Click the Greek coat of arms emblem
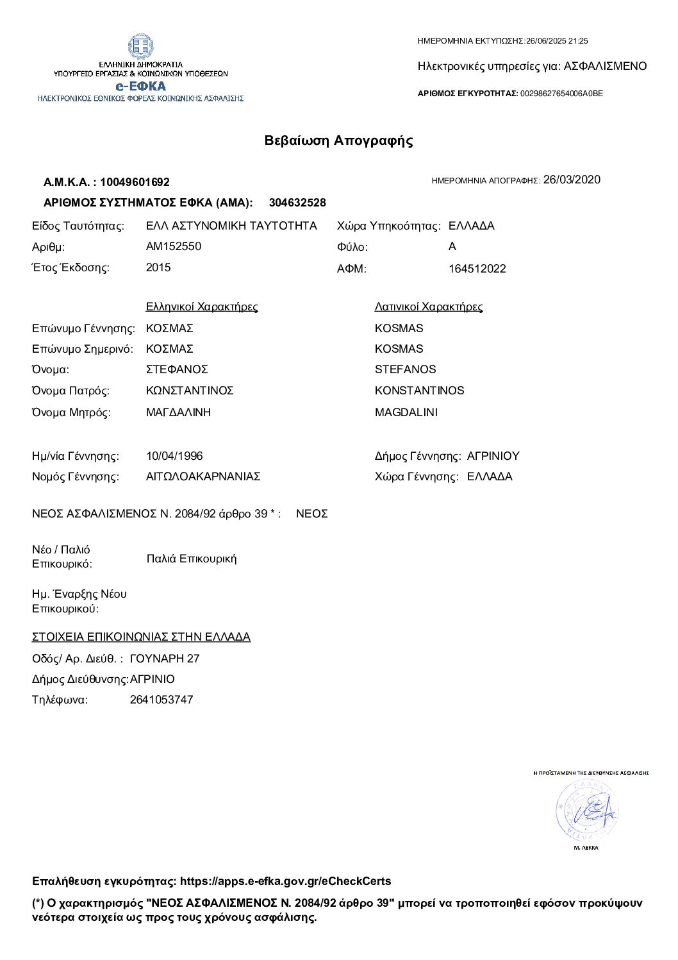pyautogui.click(x=140, y=46)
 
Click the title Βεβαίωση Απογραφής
pyautogui.click(x=339, y=141)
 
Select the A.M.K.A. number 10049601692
pyautogui.click(x=135, y=182)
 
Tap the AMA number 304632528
pyautogui.click(x=297, y=203)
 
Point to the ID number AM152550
pyautogui.click(x=174, y=246)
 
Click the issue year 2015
pyautogui.click(x=158, y=267)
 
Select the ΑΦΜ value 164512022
pyautogui.click(x=477, y=269)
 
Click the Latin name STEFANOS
pyautogui.click(x=405, y=369)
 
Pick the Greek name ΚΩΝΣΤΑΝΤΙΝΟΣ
pyautogui.click(x=190, y=391)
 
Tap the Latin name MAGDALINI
pyautogui.click(x=406, y=412)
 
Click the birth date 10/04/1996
pyautogui.click(x=174, y=456)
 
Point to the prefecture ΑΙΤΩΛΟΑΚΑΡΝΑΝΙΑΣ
pyautogui.click(x=203, y=476)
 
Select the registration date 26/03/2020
pyautogui.click(x=572, y=180)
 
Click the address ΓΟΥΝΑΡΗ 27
pyautogui.click(x=165, y=659)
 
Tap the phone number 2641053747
pyautogui.click(x=161, y=700)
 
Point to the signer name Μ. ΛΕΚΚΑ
pyautogui.click(x=586, y=848)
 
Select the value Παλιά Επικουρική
pyautogui.click(x=192, y=559)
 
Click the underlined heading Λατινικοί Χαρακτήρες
pyautogui.click(x=429, y=307)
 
